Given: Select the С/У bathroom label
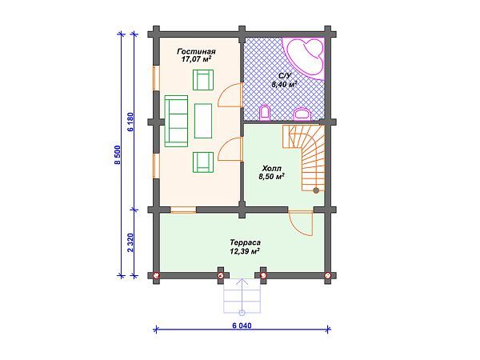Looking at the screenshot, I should click(x=283, y=74).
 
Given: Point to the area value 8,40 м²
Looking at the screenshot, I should click(x=283, y=83).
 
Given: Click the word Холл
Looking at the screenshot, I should click(x=270, y=169).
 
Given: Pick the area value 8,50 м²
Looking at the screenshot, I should click(x=270, y=178).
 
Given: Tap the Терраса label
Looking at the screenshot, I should click(x=244, y=241).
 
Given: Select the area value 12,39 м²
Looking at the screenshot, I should click(x=244, y=250).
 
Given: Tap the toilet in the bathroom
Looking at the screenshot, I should click(x=266, y=111).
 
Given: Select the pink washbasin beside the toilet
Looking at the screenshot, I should click(x=302, y=113).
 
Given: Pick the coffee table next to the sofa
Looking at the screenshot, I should click(x=202, y=121).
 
